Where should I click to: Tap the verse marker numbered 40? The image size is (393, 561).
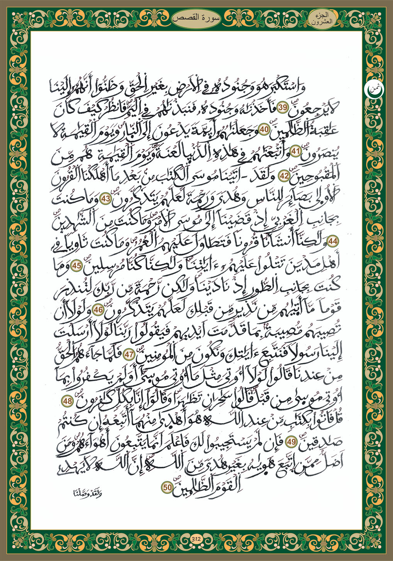click(264, 130)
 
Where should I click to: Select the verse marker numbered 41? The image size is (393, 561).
click(295, 152)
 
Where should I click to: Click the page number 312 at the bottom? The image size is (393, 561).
click(196, 539)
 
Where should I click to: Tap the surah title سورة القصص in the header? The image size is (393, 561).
click(196, 19)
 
